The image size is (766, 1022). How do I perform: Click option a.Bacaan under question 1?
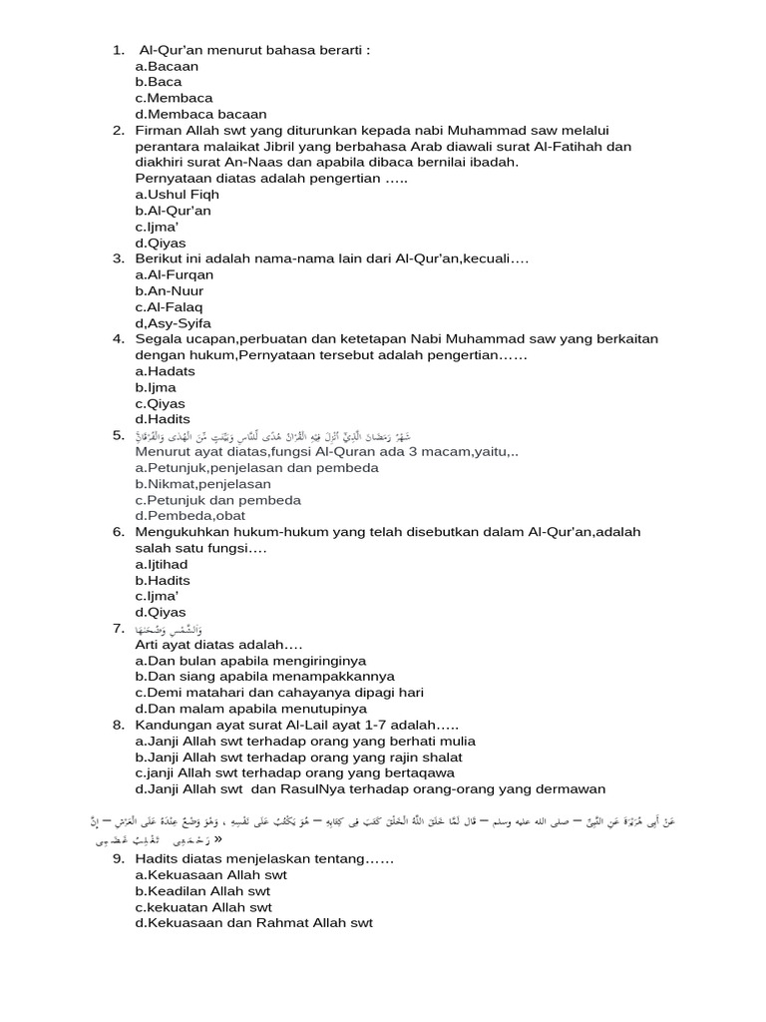pos(167,66)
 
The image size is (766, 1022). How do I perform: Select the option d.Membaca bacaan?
pos(200,114)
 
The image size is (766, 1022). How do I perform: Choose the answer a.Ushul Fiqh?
pos(177,195)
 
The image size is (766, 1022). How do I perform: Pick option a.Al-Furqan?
pos(174,274)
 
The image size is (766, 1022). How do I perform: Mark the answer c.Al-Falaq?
pos(169,307)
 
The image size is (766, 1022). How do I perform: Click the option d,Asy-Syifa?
pos(173,323)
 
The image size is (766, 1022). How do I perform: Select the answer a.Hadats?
pos(165,371)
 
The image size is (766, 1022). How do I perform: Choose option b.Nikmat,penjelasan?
pos(202,484)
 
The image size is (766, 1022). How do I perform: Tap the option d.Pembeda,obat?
pos(190,516)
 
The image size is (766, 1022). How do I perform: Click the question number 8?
pos(118,725)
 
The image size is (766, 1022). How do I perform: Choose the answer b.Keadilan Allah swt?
pos(202,891)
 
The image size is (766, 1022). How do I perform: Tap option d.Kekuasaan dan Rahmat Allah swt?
pos(253,923)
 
